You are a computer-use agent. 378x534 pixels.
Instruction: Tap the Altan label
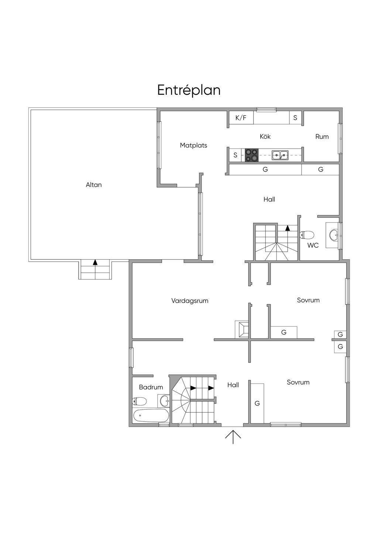click(94, 185)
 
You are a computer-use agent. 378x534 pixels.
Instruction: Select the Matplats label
click(193, 145)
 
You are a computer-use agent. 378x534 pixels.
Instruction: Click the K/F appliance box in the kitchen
click(241, 118)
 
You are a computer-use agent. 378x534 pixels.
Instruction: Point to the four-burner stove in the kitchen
click(252, 155)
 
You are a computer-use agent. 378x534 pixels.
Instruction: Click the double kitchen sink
click(280, 155)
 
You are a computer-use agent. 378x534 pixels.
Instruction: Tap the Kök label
click(265, 136)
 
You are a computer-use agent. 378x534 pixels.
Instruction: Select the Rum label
click(322, 136)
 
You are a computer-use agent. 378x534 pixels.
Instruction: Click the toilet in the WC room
click(307, 235)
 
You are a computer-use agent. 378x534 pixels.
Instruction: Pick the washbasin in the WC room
click(334, 235)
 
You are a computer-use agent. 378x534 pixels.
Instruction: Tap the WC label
click(313, 245)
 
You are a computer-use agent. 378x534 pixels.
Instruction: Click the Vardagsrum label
click(190, 301)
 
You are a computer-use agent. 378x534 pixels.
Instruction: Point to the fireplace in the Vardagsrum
click(242, 329)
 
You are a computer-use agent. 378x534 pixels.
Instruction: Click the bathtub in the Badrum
click(151, 415)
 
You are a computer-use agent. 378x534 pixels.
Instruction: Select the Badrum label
click(151, 387)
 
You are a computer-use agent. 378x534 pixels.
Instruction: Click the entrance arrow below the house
click(233, 437)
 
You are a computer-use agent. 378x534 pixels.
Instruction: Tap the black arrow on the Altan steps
click(95, 262)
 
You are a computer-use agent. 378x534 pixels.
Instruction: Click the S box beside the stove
click(235, 155)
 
